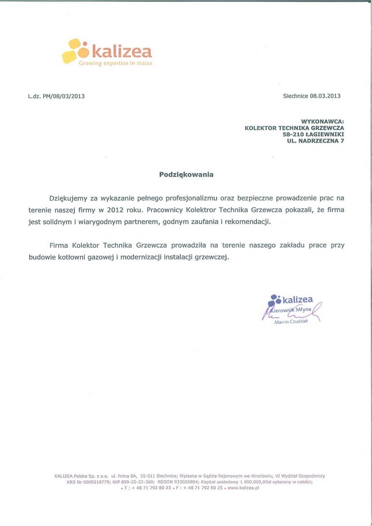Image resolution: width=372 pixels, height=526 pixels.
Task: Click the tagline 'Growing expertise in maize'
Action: (x=115, y=63)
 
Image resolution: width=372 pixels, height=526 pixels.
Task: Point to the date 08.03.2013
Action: (x=325, y=96)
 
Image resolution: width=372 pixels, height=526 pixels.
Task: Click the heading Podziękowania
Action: (x=186, y=174)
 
